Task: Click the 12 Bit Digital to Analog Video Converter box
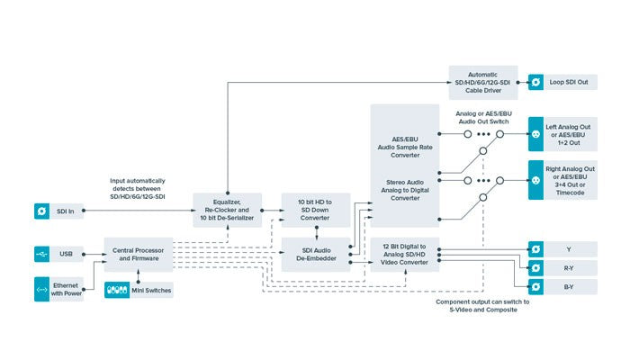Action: (404, 255)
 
